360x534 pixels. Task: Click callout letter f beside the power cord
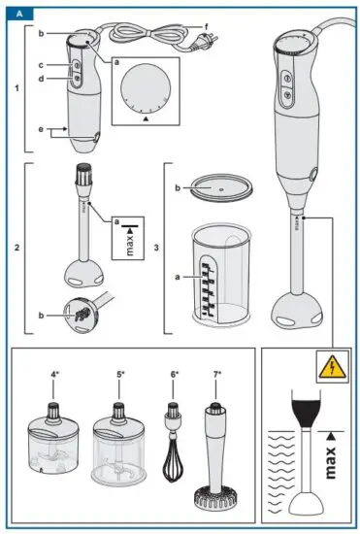(x=233, y=24)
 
